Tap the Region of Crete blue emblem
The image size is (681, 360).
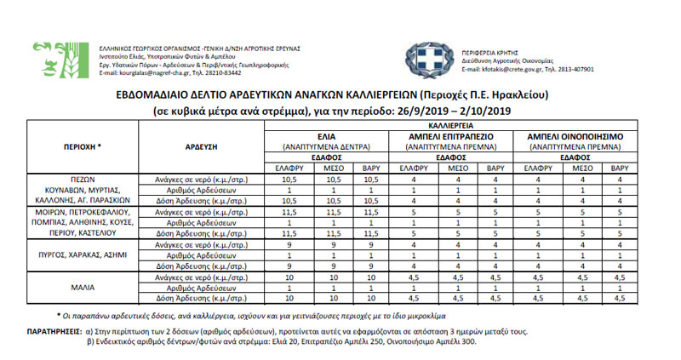pyautogui.click(x=423, y=60)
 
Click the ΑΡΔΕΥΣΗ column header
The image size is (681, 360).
pyautogui.click(x=202, y=146)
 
